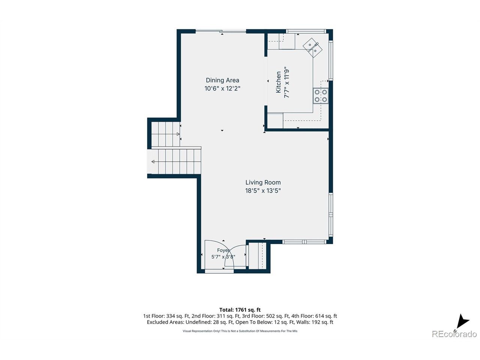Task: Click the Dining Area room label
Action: coord(222,80)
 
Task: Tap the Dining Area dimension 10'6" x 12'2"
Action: coord(222,88)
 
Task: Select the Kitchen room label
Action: coord(278,82)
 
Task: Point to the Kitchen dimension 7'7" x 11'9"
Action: coord(286,82)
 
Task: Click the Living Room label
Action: coord(263,182)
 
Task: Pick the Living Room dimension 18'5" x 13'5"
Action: coord(263,190)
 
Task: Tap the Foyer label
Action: coord(223,250)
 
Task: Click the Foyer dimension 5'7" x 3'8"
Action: coord(223,256)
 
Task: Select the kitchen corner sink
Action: coord(312,48)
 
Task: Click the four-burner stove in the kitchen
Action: coord(321,96)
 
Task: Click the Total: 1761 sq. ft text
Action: coord(240,310)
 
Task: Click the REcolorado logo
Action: coord(454,334)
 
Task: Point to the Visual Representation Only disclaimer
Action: coord(240,331)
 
